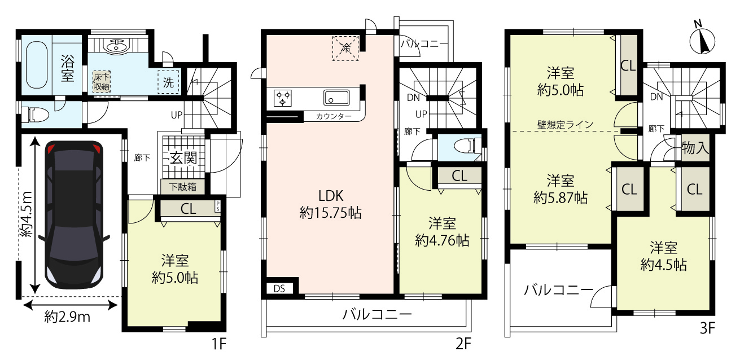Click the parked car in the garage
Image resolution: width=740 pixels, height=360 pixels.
(74, 215)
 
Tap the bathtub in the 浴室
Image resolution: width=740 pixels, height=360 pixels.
(36, 65)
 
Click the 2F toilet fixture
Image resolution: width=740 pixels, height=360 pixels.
(467, 146)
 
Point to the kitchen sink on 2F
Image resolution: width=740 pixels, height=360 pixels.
(336, 98)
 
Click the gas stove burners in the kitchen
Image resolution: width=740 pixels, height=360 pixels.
(283, 98)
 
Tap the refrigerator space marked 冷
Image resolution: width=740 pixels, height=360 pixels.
(345, 48)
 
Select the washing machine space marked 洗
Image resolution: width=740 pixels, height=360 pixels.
(168, 82)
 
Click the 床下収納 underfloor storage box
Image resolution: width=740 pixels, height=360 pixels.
(102, 82)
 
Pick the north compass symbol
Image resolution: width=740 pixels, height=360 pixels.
(702, 41)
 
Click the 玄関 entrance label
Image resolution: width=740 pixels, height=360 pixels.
(183, 158)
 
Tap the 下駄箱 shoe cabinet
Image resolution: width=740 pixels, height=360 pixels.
(183, 187)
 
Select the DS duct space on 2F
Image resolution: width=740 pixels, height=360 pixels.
(279, 289)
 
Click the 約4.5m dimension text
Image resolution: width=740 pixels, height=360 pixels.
(26, 214)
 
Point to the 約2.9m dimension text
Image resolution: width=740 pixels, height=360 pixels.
(67, 317)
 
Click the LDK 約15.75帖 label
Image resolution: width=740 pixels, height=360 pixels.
(330, 204)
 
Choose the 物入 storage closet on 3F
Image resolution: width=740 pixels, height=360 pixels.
(695, 148)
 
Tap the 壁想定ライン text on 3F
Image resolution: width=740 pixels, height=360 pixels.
(565, 125)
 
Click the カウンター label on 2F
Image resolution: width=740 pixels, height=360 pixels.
(334, 116)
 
